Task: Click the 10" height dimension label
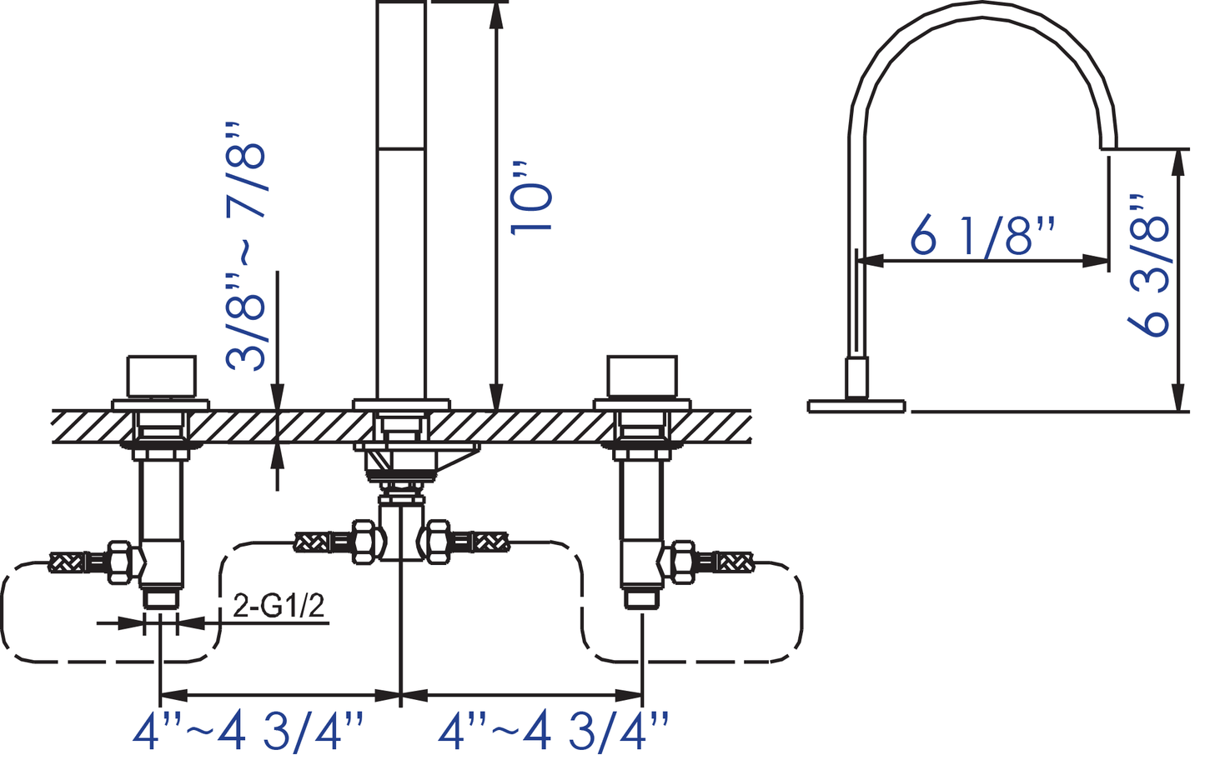[x=531, y=197]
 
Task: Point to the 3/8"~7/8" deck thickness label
[x=247, y=246]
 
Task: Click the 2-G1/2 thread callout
[x=279, y=606]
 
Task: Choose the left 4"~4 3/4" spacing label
[x=249, y=732]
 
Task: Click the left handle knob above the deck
[x=161, y=377]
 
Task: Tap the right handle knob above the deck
[x=641, y=377]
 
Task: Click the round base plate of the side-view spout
[x=856, y=406]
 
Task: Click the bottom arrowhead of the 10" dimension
[x=496, y=397]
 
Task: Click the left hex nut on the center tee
[x=364, y=542]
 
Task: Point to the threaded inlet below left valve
[x=161, y=599]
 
